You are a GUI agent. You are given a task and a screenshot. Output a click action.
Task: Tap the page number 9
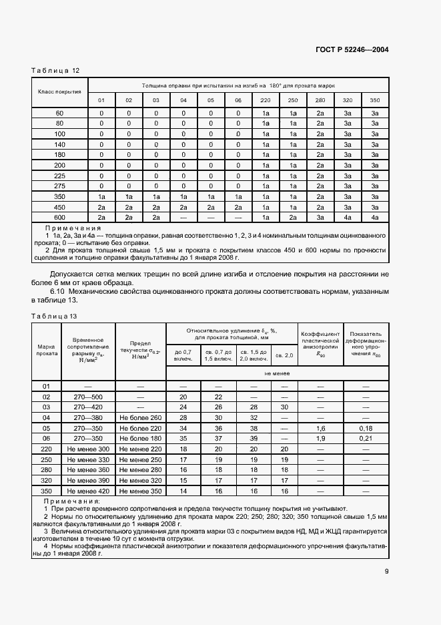tap(387, 571)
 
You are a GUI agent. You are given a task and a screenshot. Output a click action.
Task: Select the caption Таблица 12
tap(55, 70)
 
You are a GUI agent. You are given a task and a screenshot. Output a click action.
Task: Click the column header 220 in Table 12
tap(265, 101)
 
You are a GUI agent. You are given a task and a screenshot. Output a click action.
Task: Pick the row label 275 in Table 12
tap(60, 186)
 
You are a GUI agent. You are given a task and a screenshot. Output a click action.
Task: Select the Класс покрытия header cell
tap(60, 91)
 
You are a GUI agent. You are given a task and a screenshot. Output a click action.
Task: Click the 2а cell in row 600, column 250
tap(292, 217)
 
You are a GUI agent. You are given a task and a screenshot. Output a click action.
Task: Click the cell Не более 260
tap(140, 417)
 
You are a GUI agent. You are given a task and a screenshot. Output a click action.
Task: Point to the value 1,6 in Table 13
tap(320, 428)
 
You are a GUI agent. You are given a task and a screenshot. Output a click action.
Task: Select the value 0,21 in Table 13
tap(365, 438)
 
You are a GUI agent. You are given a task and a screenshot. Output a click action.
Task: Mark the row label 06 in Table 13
tap(47, 438)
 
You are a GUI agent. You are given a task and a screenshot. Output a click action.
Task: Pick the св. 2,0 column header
tap(285, 355)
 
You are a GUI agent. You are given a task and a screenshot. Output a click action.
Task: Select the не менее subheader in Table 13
tap(277, 374)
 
